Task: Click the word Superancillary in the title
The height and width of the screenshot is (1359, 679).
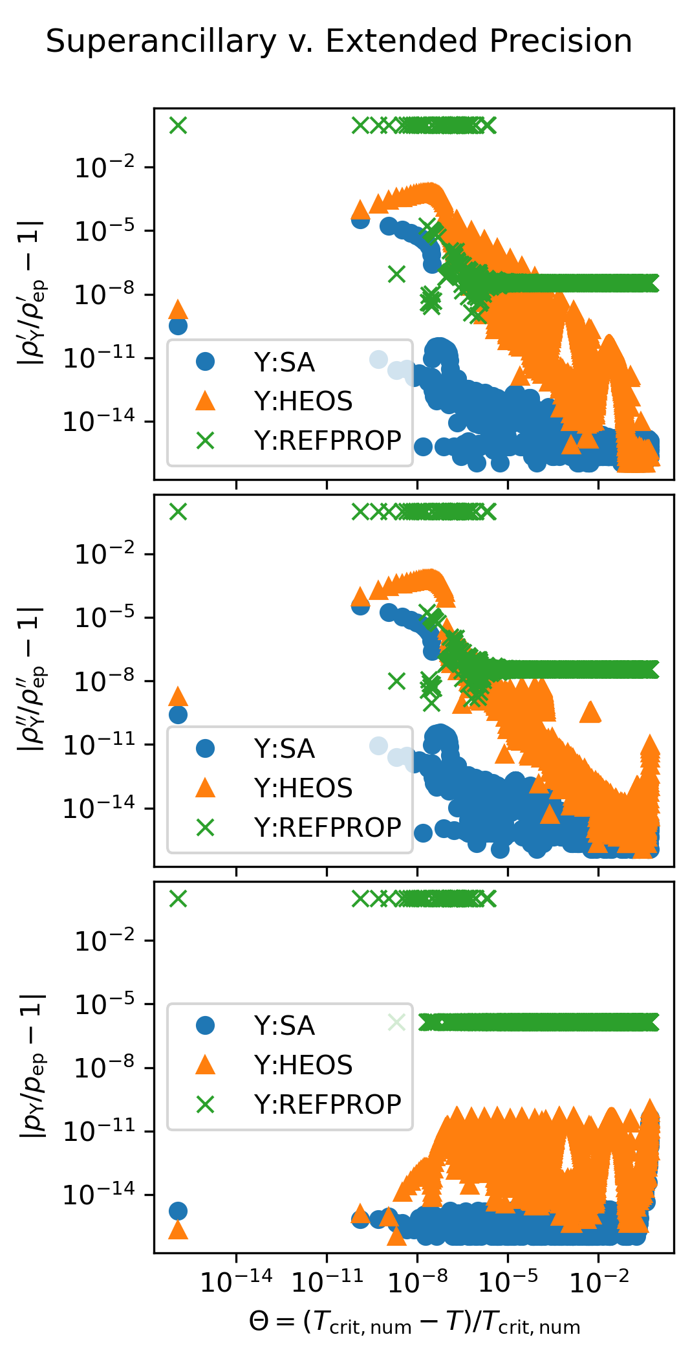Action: tap(161, 42)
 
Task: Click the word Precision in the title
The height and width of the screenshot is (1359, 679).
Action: tap(561, 42)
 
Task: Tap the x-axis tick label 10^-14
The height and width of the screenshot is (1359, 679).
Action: tap(236, 1281)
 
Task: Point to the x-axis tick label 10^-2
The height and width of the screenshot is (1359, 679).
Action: tap(599, 1281)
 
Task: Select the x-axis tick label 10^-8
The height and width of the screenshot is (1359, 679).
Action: tap(418, 1281)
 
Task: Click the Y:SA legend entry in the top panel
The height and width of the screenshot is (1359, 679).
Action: tap(284, 362)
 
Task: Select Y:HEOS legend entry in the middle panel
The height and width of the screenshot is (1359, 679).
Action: tap(303, 788)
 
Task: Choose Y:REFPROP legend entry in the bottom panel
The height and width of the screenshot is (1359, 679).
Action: tap(327, 1105)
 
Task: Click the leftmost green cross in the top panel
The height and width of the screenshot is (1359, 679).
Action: tap(178, 125)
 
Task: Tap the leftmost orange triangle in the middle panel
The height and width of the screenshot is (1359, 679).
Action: tap(178, 696)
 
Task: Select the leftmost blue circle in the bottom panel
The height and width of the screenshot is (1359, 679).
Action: tap(178, 1211)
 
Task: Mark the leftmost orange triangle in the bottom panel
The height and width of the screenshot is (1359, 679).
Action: tap(178, 1230)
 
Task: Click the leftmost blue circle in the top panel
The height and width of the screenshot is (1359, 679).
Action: tap(178, 326)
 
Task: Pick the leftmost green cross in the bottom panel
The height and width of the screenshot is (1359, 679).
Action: tap(178, 898)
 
